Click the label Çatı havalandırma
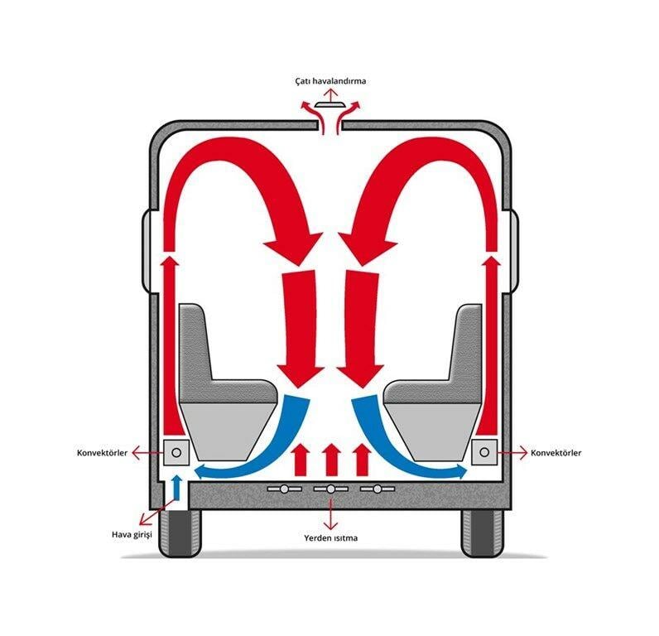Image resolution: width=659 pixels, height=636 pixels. [x=330, y=80]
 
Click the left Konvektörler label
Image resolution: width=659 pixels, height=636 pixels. [x=102, y=453]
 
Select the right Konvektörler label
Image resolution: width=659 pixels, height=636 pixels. [x=556, y=453]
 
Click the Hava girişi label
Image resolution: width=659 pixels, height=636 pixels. [x=132, y=535]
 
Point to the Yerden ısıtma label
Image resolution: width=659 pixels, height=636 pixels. [x=331, y=537]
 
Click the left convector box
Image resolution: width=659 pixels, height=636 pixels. [x=176, y=452]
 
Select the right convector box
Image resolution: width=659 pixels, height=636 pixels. [x=484, y=452]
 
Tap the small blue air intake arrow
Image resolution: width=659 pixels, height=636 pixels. [x=177, y=487]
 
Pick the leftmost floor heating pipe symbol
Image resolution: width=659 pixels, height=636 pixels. [x=285, y=489]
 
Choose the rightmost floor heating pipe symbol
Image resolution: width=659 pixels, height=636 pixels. [x=378, y=489]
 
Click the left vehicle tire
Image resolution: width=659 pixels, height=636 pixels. [x=180, y=532]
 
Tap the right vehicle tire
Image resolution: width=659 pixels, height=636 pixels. [x=482, y=532]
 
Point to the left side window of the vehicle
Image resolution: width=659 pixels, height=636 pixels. [x=146, y=252]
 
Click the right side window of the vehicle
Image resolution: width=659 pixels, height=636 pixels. [x=515, y=252]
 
